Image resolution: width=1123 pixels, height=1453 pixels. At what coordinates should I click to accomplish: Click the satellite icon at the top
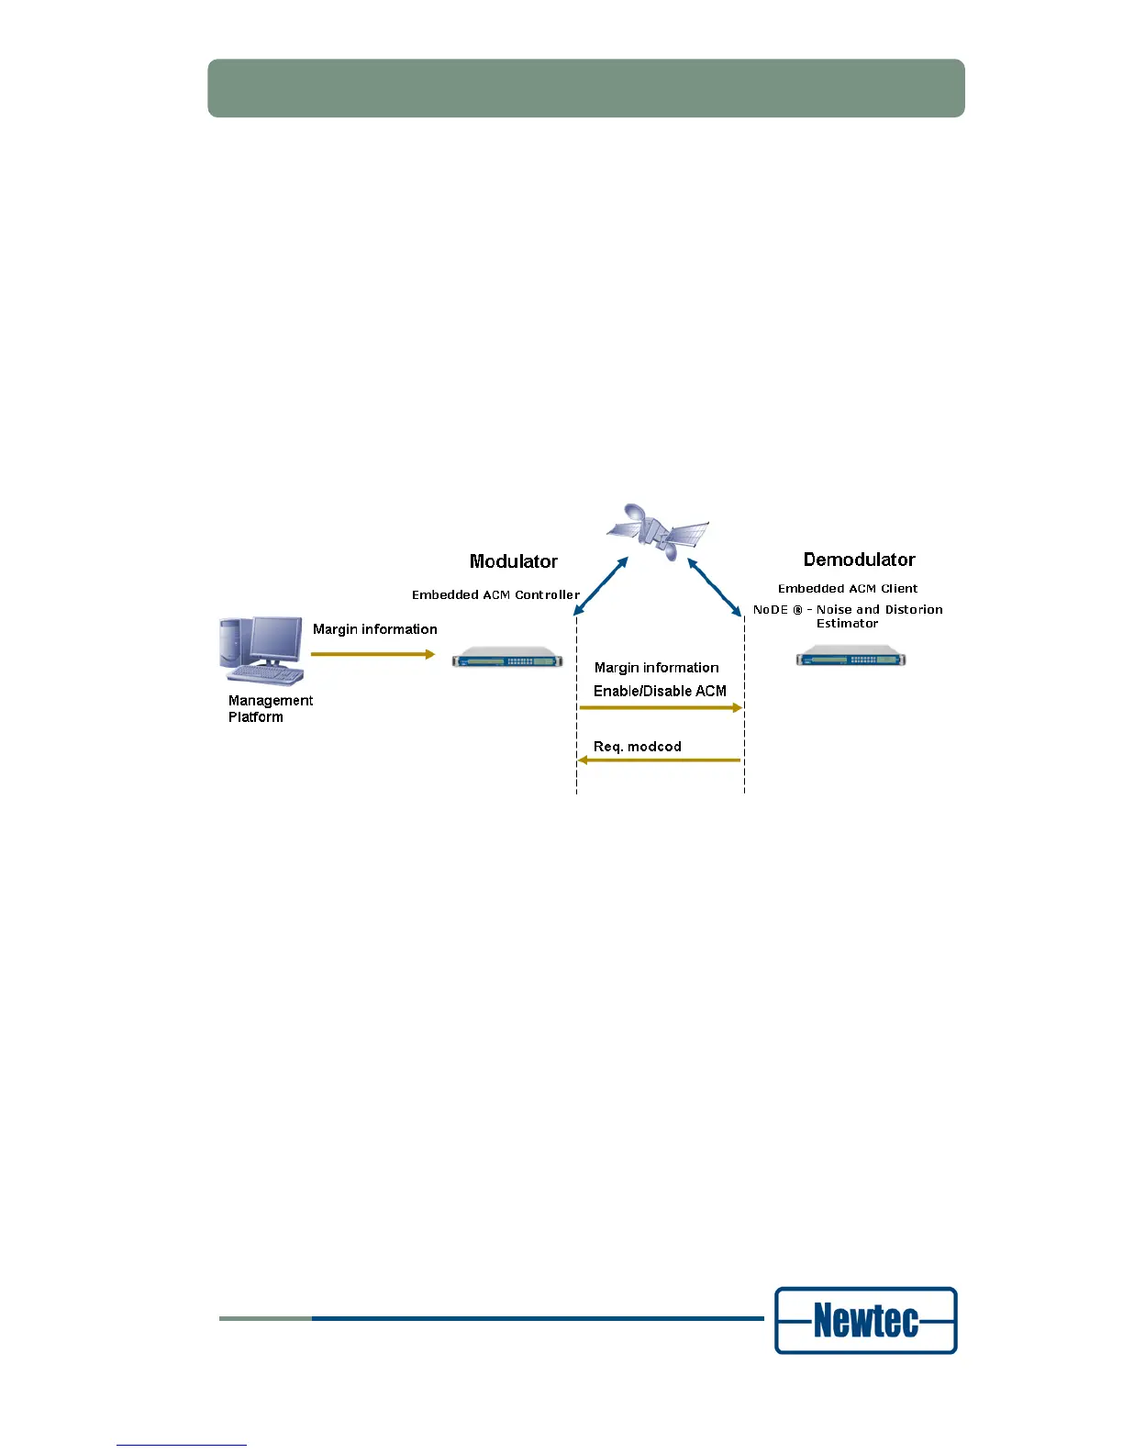(x=658, y=533)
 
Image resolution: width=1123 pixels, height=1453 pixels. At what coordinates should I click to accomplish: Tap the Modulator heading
(x=513, y=561)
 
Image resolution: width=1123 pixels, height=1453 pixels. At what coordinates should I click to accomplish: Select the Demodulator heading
(x=859, y=560)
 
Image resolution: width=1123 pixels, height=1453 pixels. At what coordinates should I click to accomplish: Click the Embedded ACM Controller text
(x=495, y=595)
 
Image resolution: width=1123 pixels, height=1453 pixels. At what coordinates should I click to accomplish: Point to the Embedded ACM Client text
(x=848, y=589)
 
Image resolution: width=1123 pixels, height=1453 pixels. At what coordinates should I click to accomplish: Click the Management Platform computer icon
(x=261, y=650)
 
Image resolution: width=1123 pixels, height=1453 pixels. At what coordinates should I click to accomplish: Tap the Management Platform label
(x=270, y=708)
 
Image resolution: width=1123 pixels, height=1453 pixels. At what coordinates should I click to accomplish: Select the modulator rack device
(x=507, y=658)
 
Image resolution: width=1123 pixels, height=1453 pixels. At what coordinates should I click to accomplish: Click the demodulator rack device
(x=851, y=657)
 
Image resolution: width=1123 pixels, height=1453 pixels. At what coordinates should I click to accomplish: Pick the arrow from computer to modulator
(x=372, y=654)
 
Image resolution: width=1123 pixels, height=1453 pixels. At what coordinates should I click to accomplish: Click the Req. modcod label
(x=637, y=747)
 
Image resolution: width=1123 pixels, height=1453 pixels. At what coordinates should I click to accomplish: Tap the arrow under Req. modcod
(x=659, y=760)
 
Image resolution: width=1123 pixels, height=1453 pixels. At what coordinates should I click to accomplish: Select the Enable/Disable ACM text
(x=660, y=691)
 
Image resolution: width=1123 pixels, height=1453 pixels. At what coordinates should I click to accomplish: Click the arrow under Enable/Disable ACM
(x=661, y=708)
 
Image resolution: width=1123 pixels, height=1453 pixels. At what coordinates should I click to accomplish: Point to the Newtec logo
(x=865, y=1321)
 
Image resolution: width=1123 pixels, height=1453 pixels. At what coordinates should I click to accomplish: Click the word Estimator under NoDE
(x=847, y=624)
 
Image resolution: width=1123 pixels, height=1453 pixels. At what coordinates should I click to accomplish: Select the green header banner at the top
(x=586, y=88)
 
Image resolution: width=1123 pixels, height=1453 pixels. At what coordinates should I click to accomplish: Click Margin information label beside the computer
(x=374, y=629)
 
